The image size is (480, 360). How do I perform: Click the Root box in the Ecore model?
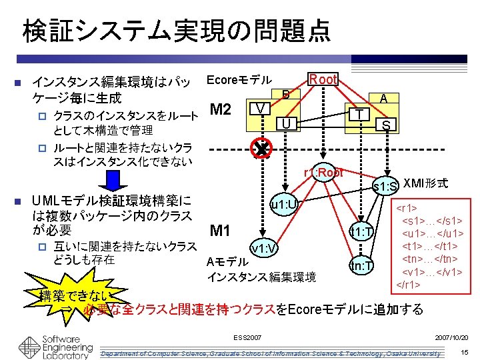coord(323,79)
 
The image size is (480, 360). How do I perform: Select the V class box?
coord(261,108)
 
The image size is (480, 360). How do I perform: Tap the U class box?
coord(285,123)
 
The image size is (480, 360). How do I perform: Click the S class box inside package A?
coord(387,125)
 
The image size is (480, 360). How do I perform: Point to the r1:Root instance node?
coord(323,173)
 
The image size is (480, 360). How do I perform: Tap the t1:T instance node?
coord(361,232)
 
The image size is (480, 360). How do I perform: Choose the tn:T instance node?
coord(361,266)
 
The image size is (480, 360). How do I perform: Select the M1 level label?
coord(220,231)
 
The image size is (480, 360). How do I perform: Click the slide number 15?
coord(465,351)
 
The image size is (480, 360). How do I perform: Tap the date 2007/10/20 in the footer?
coord(451,338)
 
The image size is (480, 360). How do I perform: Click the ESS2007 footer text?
coord(248,338)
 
